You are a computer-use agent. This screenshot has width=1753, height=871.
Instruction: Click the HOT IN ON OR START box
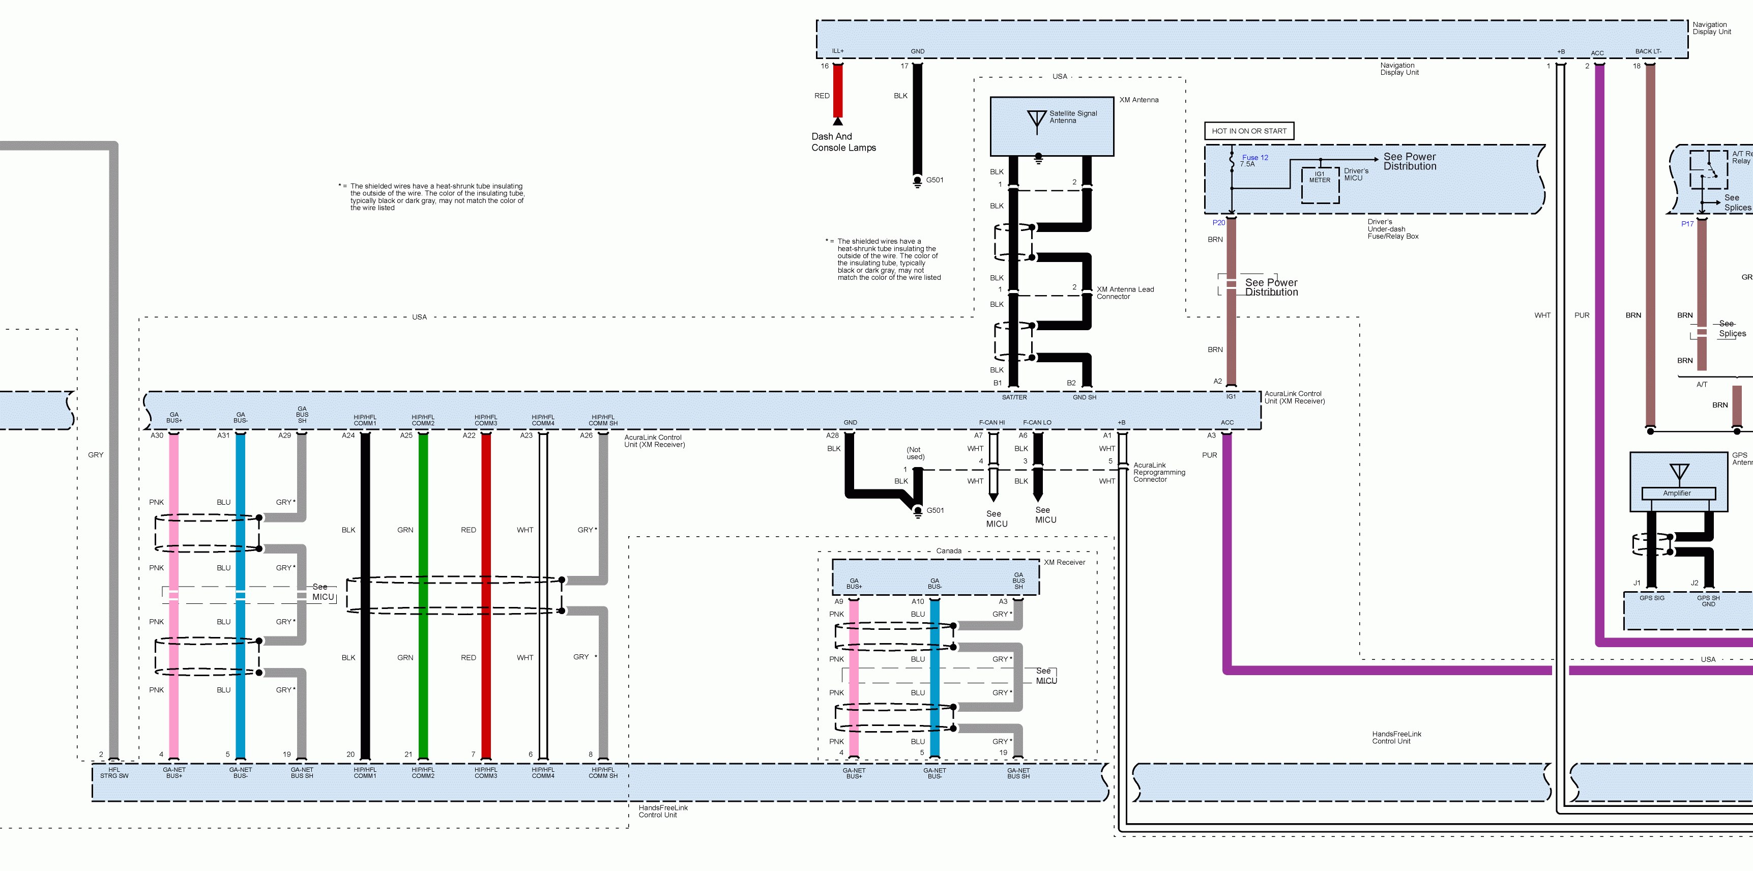(x=1249, y=131)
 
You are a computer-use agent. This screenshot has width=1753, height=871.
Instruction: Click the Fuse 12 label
(x=1255, y=157)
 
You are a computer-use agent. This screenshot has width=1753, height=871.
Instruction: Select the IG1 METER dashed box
(x=1320, y=185)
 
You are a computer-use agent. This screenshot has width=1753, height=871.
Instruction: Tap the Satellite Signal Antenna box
(x=1051, y=127)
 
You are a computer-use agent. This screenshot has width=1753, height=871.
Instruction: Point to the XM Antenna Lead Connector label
(x=1125, y=293)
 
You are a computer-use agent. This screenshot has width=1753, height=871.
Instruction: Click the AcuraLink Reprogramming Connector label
(x=1159, y=472)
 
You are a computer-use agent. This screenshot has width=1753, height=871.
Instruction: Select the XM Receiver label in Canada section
(x=1064, y=562)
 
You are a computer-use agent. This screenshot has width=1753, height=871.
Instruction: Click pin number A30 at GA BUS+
(x=157, y=435)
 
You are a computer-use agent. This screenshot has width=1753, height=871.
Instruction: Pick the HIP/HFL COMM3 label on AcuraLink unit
(x=486, y=420)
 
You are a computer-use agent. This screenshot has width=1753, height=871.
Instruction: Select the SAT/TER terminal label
(x=1014, y=397)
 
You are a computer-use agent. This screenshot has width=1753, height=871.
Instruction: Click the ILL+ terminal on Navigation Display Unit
(x=838, y=51)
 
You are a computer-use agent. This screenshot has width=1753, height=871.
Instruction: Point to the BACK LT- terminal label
(x=1648, y=51)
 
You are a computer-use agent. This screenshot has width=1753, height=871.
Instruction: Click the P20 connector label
(x=1218, y=222)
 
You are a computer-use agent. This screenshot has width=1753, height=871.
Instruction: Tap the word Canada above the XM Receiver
(x=949, y=551)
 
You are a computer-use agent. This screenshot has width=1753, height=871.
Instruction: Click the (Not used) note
(x=915, y=453)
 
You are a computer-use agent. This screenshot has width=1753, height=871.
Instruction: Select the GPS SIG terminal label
(x=1652, y=598)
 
